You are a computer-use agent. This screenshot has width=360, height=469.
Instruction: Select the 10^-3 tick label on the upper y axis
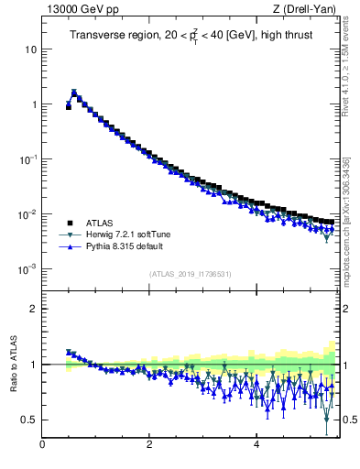tap(28, 269)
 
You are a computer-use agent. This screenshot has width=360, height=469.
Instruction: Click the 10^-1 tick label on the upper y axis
tap(28, 159)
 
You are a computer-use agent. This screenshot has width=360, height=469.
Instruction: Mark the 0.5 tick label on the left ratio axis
tap(29, 420)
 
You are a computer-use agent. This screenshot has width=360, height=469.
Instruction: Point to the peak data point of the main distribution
tap(74, 93)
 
